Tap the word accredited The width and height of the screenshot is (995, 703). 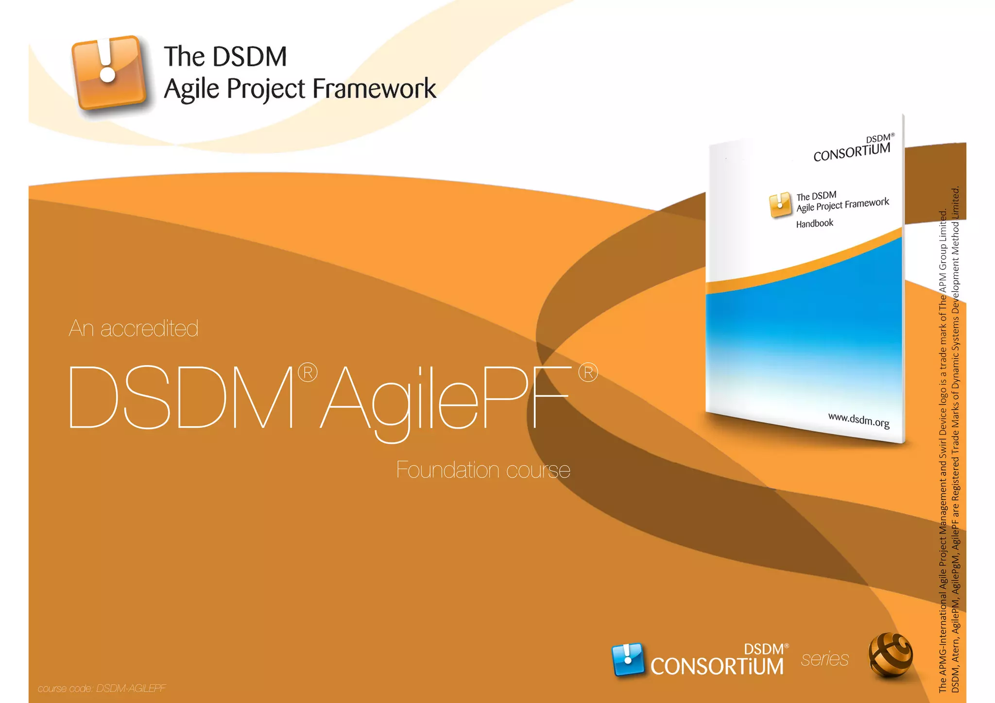pyautogui.click(x=149, y=329)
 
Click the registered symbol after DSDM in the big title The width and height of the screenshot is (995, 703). pyautogui.click(x=308, y=373)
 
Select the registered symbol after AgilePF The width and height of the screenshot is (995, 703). pyautogui.click(x=588, y=373)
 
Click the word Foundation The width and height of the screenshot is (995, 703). pyautogui.click(x=447, y=470)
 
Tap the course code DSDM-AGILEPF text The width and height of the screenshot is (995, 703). pyautogui.click(x=131, y=688)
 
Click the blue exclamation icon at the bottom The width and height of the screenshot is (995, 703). pyautogui.click(x=628, y=659)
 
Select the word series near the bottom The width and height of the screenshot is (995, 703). pyautogui.click(x=824, y=659)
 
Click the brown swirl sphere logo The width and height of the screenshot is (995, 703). pyautogui.click(x=890, y=655)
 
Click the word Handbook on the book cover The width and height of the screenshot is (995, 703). pyautogui.click(x=814, y=223)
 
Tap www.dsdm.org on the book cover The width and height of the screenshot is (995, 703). pyautogui.click(x=858, y=420)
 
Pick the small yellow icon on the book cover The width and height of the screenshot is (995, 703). pyautogui.click(x=780, y=205)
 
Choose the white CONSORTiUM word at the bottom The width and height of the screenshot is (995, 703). pyautogui.click(x=717, y=667)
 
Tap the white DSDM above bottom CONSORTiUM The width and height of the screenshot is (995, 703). pyautogui.click(x=763, y=649)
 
